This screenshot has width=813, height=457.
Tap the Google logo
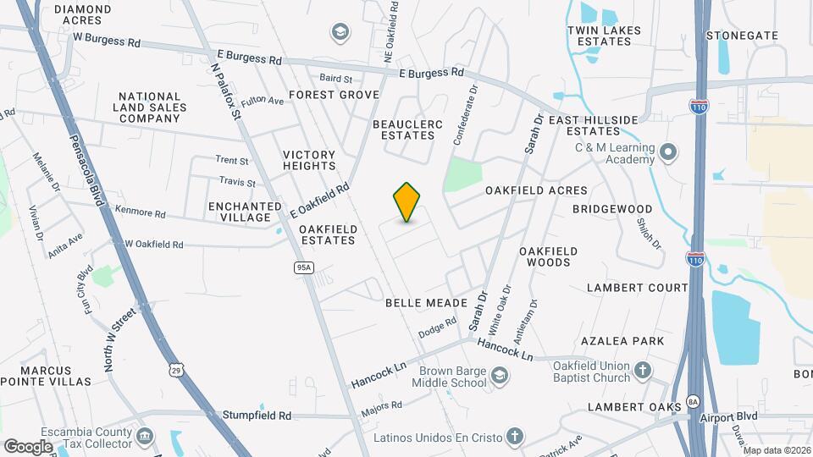coord(28,446)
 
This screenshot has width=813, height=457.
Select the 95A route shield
coord(304,267)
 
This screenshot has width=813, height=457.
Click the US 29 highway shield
coord(175,369)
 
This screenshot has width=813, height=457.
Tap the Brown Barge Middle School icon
coord(500,374)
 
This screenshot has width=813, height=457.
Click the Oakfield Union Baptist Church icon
coord(643,369)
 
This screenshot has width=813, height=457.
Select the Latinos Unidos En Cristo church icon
coord(514,438)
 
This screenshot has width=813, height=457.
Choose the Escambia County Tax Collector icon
coord(145,437)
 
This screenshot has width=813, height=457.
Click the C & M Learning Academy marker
coord(668,153)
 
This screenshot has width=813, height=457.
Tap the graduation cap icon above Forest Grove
coord(340,32)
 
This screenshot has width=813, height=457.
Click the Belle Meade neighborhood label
coord(426,302)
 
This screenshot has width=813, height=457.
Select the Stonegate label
coord(742,36)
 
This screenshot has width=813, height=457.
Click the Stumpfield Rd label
coord(257,416)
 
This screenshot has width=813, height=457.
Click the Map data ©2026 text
coord(777,450)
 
